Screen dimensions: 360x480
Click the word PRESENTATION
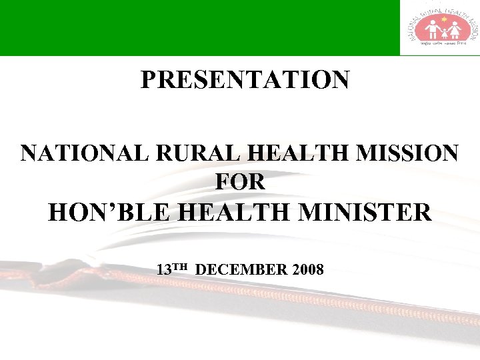(245, 80)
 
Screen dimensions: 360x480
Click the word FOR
(241, 181)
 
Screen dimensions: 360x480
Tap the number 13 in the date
(164, 270)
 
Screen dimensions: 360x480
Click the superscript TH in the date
(182, 267)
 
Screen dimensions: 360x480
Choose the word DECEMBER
(243, 270)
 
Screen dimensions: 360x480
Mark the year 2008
(307, 270)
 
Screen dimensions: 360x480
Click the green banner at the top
(200, 27)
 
